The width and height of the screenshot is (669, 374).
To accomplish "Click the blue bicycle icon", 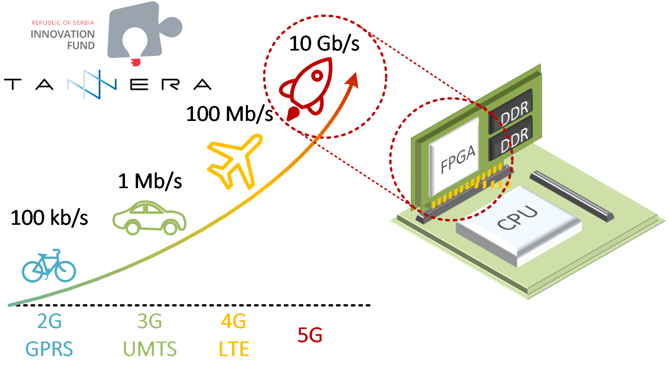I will point(49,267).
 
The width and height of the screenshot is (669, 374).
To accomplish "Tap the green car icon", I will point(149,218).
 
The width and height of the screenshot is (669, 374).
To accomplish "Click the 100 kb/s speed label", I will point(49,218).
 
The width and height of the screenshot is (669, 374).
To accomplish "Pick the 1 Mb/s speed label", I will point(150,181).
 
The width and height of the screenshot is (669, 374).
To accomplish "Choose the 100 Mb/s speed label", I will point(230,114).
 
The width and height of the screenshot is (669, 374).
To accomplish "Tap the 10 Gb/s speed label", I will point(324,44).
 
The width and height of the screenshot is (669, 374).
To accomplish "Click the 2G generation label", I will point(49,321).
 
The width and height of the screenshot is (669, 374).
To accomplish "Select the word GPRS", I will point(49,349).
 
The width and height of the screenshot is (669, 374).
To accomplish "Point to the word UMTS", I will point(150,349).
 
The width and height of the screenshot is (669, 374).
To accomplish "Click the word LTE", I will point(234,349).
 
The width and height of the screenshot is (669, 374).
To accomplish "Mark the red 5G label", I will point(310,335).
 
